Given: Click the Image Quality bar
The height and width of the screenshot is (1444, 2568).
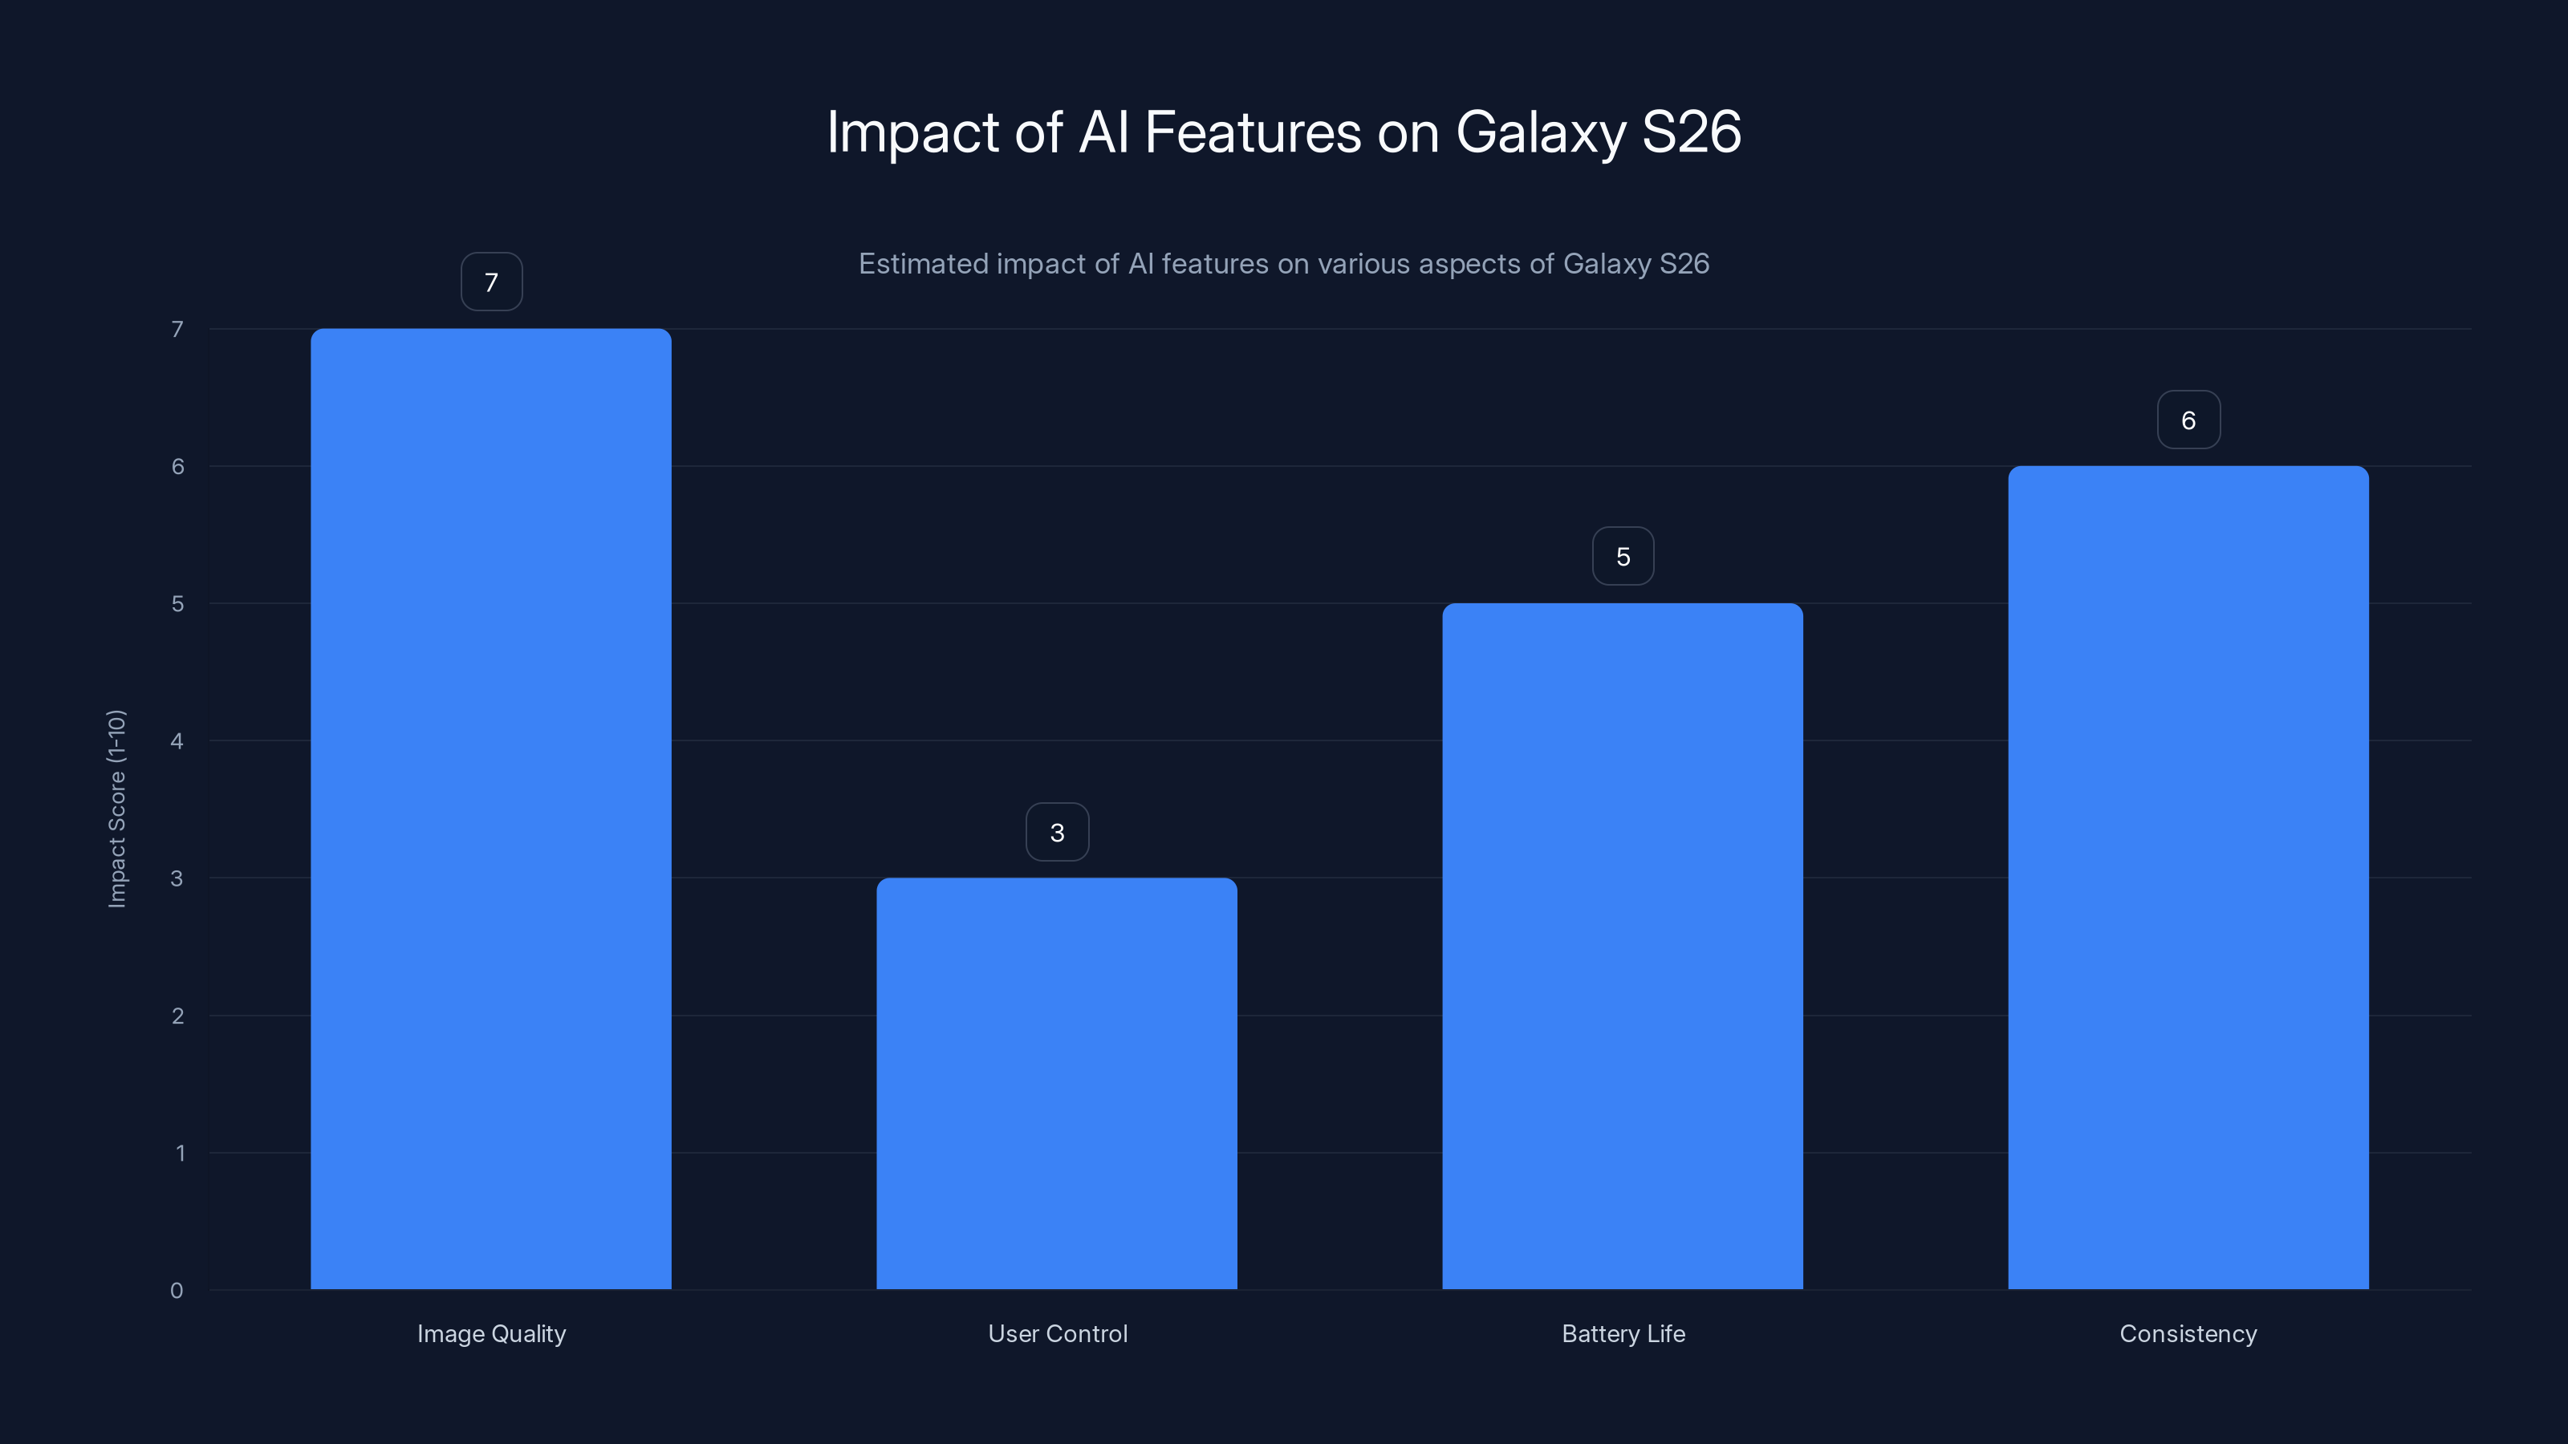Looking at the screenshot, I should [490, 808].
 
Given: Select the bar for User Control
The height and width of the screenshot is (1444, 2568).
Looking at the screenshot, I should [1057, 1083].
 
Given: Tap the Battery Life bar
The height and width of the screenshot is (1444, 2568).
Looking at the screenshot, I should [1622, 946].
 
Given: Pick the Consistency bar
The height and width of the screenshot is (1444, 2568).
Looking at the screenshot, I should [2188, 877].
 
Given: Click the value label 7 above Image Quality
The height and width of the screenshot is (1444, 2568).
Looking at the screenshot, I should [491, 282].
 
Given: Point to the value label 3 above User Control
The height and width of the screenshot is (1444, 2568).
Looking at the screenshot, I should [1057, 832].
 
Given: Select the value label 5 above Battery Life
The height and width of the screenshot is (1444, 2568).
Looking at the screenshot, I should [1623, 556].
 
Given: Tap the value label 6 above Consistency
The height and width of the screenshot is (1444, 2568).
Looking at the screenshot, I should [2188, 420].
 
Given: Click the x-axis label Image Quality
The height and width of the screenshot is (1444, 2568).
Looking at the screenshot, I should [491, 1333].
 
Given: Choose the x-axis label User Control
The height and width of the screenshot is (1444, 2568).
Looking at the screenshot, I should [1058, 1333].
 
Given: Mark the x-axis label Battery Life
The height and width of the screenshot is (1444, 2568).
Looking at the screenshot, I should [1623, 1333].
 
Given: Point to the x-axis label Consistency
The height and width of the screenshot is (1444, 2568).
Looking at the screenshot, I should [2188, 1333].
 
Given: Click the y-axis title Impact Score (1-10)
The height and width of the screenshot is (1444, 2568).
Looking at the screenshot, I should [116, 808].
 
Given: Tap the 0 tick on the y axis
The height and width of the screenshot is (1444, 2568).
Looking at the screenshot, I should [177, 1291].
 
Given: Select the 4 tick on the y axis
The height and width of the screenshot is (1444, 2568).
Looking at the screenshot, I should [177, 740].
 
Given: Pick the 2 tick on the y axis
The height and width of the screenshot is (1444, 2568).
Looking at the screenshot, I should [177, 1016].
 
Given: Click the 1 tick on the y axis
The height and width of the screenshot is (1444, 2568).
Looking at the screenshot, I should [181, 1153].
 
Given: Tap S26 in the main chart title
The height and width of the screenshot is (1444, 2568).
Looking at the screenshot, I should [1692, 132].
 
